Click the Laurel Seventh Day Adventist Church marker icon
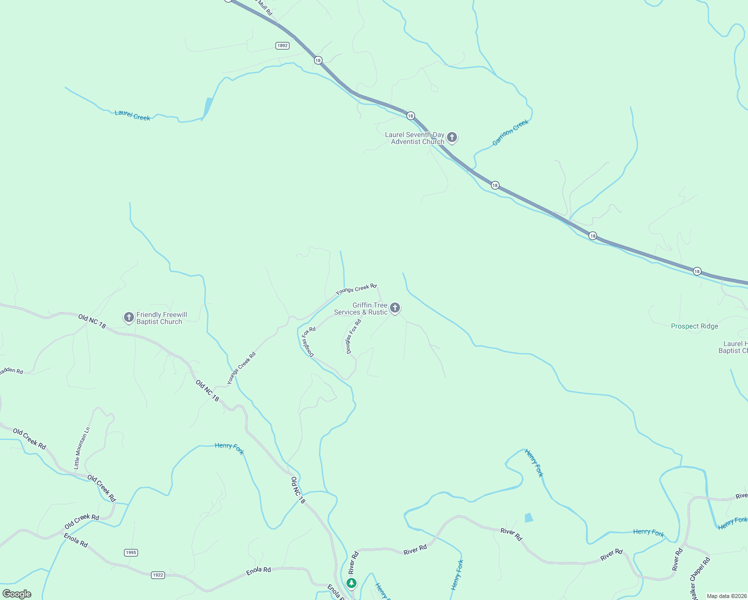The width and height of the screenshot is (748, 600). [x=452, y=137]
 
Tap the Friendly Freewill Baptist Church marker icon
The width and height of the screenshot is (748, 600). [x=128, y=317]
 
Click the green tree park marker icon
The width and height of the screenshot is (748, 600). [x=351, y=583]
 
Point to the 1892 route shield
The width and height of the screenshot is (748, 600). [x=282, y=45]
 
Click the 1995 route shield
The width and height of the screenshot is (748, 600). [x=130, y=552]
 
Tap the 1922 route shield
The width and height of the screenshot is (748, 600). [x=158, y=575]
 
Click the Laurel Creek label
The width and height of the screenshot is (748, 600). [x=132, y=115]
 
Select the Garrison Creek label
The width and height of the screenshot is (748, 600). [x=510, y=132]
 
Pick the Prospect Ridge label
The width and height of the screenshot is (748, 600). [x=694, y=326]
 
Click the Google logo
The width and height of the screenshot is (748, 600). [x=17, y=593]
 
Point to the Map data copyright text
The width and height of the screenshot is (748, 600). [x=726, y=596]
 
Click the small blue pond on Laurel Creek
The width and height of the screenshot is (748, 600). [x=207, y=107]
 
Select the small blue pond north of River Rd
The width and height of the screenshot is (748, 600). [x=528, y=517]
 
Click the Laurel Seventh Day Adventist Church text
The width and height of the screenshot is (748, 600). [x=414, y=138]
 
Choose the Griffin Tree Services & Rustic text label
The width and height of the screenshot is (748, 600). [x=361, y=308]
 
